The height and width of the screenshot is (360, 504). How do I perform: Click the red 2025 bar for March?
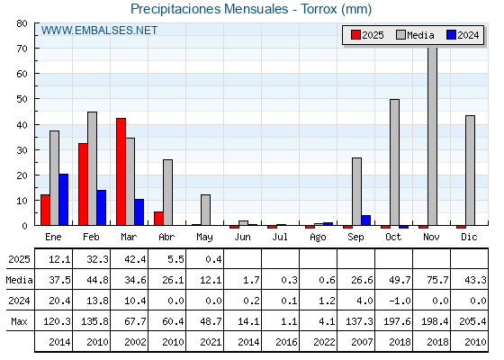click(121, 172)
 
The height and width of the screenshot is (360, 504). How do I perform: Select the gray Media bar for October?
click(394, 162)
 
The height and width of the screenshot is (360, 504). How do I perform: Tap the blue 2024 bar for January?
click(64, 200)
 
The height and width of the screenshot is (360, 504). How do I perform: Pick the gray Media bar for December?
click(470, 170)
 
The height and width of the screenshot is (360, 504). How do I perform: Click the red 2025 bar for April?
click(158, 219)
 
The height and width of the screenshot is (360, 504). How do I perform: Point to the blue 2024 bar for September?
click(365, 220)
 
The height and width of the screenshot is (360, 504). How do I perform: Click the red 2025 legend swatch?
click(355, 35)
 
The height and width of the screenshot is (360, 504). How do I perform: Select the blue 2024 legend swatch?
click(451, 35)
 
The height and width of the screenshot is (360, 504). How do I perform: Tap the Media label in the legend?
click(420, 35)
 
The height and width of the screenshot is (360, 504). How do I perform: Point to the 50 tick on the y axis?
click(22, 99)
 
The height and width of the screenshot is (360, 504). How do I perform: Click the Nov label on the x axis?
click(431, 237)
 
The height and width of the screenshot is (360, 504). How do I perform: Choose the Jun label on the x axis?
click(242, 237)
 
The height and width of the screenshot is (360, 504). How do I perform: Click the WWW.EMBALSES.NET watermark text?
click(99, 31)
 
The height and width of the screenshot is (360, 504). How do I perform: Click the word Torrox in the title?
click(319, 9)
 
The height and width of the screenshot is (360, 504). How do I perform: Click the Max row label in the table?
click(19, 321)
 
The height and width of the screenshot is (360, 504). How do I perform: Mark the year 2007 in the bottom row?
click(362, 342)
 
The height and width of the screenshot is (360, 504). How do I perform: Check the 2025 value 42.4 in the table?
click(135, 259)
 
